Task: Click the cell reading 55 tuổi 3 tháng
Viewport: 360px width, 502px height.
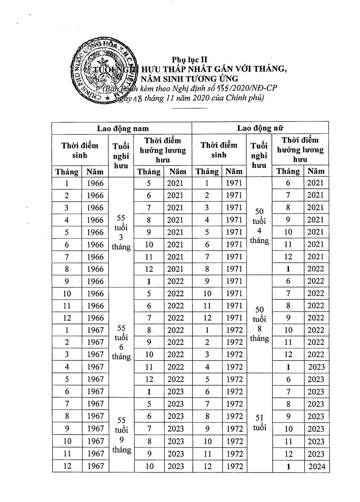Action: (x=121, y=232)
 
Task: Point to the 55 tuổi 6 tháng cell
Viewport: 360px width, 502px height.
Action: (x=121, y=343)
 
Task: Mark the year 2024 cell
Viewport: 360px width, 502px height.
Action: (x=317, y=466)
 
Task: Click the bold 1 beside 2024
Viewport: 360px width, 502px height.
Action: (x=288, y=466)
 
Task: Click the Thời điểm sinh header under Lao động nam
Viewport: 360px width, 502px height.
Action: (x=80, y=150)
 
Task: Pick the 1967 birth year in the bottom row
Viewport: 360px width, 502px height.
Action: (x=95, y=466)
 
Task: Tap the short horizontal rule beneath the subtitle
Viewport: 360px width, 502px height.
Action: (x=190, y=108)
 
